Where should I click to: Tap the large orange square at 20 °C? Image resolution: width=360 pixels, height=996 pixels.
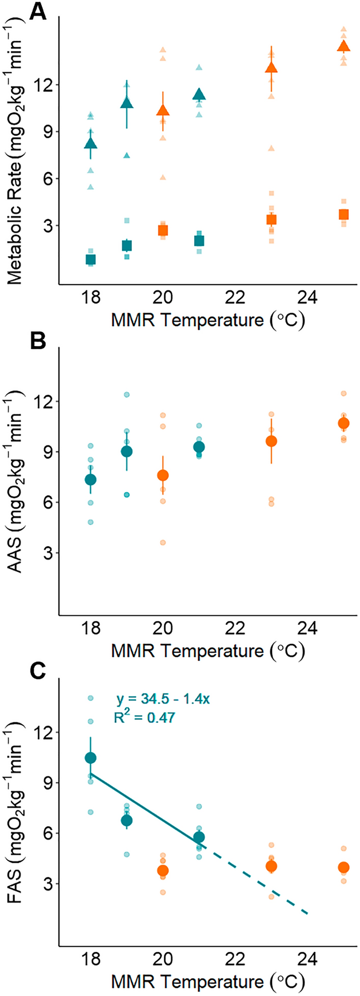163,230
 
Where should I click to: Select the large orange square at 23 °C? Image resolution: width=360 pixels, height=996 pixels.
272,220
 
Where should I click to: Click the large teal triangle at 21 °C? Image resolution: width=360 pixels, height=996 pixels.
199,95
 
